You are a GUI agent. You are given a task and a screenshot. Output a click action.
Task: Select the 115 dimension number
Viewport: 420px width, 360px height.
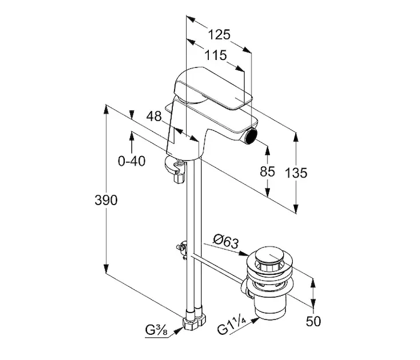[215, 56]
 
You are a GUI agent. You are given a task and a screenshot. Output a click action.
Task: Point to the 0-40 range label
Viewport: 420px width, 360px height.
[132, 161]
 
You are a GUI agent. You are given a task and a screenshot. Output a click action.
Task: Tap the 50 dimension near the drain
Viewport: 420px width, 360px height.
[313, 321]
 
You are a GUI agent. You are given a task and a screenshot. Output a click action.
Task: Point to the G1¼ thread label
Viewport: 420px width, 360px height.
[233, 329]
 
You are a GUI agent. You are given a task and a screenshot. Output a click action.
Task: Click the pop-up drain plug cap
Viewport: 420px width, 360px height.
[273, 259]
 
